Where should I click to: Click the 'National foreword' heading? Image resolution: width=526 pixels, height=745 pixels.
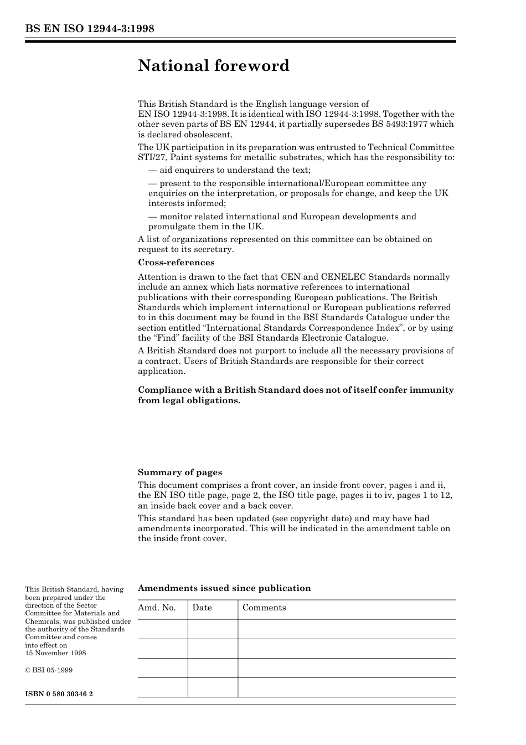(x=214, y=66)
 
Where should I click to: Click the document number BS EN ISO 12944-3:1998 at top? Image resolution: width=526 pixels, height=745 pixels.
(x=89, y=29)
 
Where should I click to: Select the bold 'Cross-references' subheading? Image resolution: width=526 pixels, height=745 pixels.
(x=176, y=263)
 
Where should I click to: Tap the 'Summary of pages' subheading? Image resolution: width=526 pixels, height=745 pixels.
(x=180, y=472)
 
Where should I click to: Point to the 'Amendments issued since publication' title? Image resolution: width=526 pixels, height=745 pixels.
(x=224, y=588)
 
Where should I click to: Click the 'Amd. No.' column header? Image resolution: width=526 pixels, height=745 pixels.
(x=157, y=608)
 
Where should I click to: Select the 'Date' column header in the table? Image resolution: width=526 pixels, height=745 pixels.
(x=202, y=608)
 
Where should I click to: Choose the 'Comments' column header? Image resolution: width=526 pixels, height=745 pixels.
(x=264, y=608)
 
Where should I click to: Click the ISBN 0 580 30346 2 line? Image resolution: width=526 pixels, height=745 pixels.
(x=59, y=694)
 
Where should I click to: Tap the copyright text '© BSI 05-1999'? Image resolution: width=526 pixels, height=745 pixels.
(x=49, y=670)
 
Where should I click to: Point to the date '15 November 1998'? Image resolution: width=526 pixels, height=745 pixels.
(x=55, y=653)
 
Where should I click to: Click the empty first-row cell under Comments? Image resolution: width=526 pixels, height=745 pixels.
(x=347, y=629)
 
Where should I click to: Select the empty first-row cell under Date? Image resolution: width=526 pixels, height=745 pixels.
(x=213, y=629)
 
